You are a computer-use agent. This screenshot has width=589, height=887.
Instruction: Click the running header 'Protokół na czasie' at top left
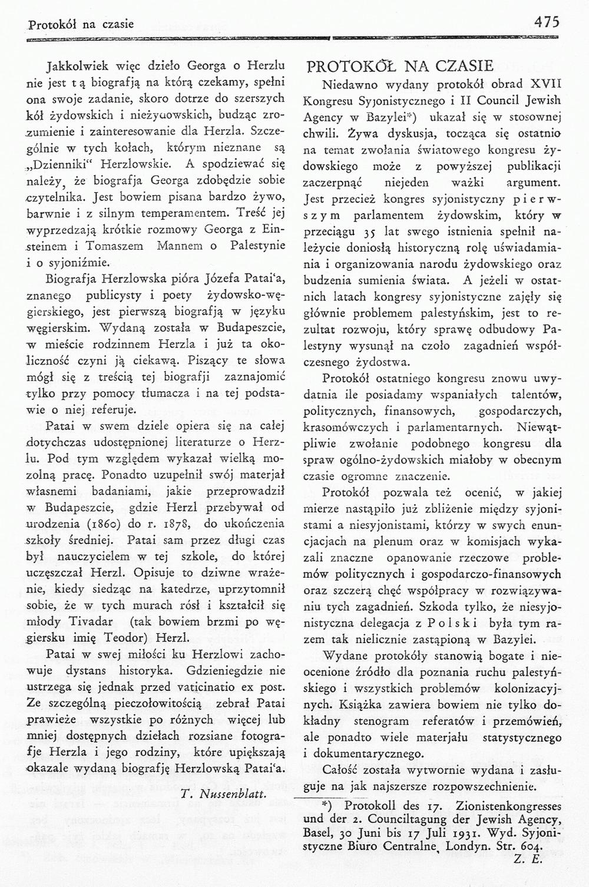[81, 25]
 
